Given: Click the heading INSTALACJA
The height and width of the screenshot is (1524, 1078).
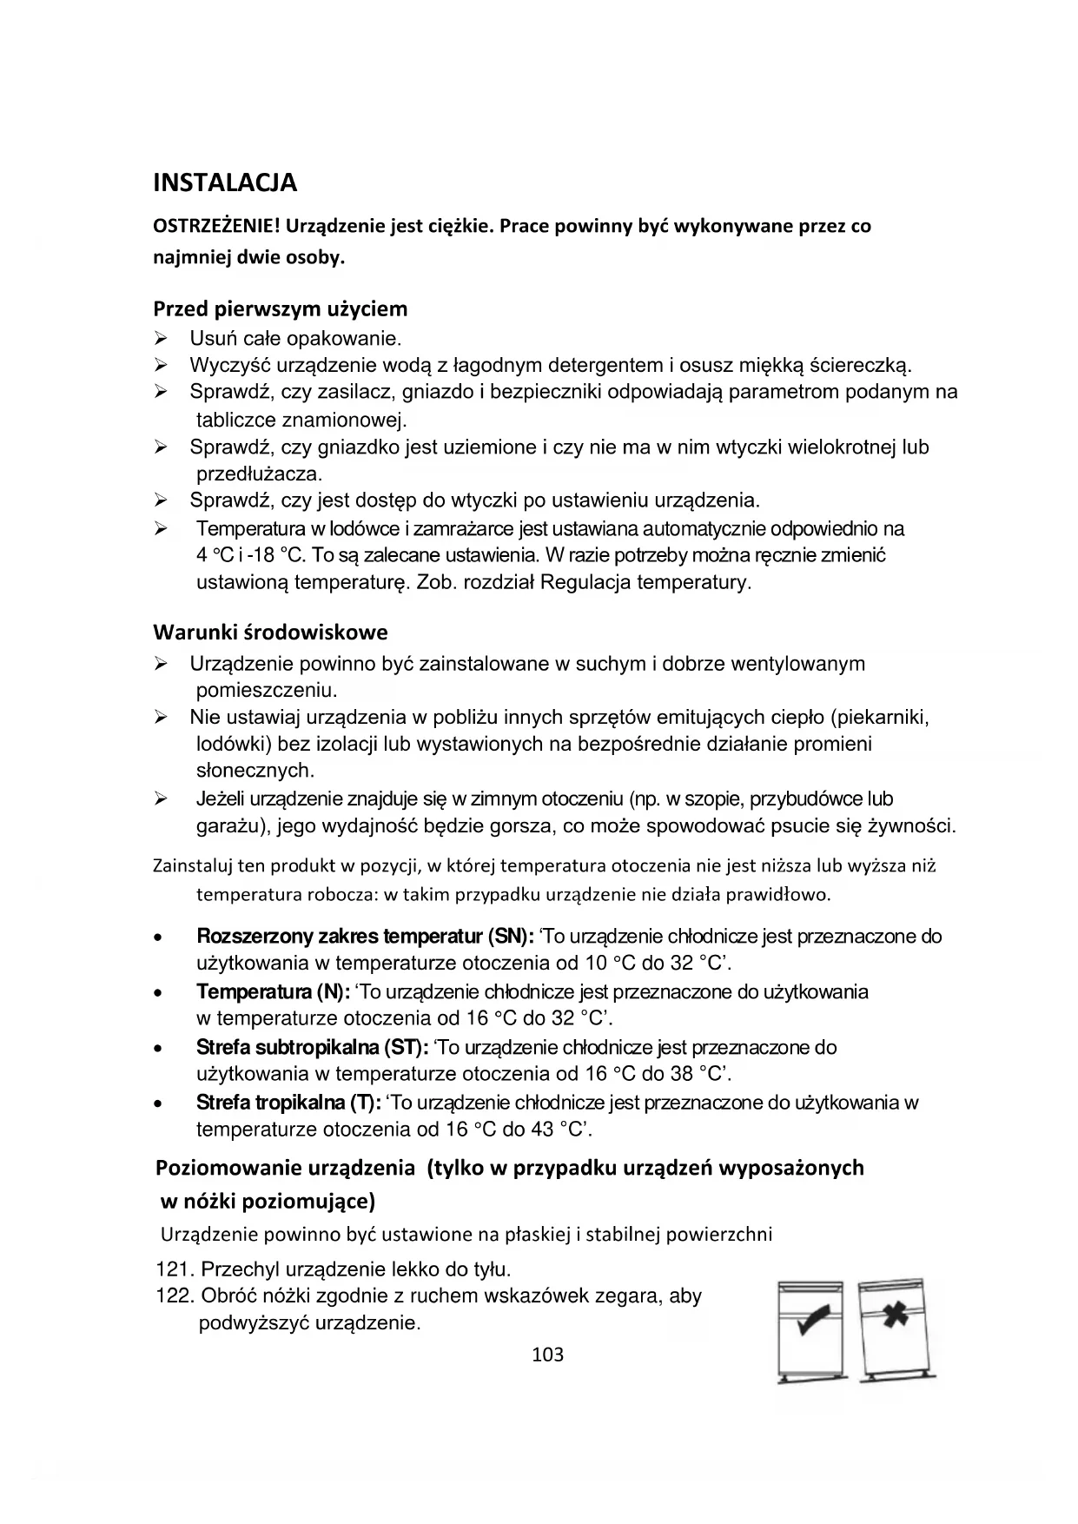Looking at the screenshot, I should pos(225,183).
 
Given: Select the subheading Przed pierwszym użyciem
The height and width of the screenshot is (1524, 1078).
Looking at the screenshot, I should pos(280,308).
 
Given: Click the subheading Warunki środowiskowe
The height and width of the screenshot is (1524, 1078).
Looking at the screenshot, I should pos(270,632).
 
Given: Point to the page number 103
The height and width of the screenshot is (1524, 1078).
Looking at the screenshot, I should pos(547,1354).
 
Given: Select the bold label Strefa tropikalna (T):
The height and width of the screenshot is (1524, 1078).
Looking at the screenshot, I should pos(288,1103).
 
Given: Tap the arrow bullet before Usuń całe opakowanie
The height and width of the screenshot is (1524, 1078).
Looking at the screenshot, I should pos(161,338).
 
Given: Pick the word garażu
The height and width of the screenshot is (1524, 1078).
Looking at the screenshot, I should pos(228,825).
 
